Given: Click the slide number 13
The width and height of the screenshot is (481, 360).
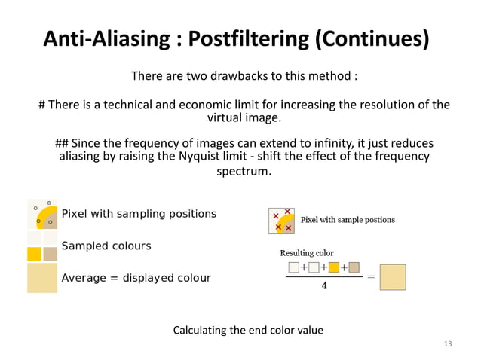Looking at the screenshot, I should (x=448, y=343).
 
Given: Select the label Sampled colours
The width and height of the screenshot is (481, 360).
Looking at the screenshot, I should (x=106, y=246).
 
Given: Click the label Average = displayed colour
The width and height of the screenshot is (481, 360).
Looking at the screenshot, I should (x=136, y=278).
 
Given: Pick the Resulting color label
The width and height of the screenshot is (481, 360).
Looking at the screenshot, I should (x=307, y=252).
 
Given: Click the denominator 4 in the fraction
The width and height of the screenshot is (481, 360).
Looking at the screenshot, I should (x=323, y=285).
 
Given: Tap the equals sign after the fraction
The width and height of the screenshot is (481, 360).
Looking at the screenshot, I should (x=370, y=276).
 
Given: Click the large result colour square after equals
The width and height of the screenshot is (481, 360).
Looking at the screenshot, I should (x=393, y=276).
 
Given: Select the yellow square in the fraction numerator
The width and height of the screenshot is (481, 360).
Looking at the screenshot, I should (x=334, y=267).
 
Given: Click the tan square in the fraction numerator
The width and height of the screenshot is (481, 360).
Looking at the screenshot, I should (x=354, y=267).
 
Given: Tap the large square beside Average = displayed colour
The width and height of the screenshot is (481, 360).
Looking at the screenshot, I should (x=42, y=277).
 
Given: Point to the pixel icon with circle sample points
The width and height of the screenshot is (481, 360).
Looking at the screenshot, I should (x=42, y=214).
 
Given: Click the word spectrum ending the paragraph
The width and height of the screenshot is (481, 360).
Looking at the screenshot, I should (x=244, y=172).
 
